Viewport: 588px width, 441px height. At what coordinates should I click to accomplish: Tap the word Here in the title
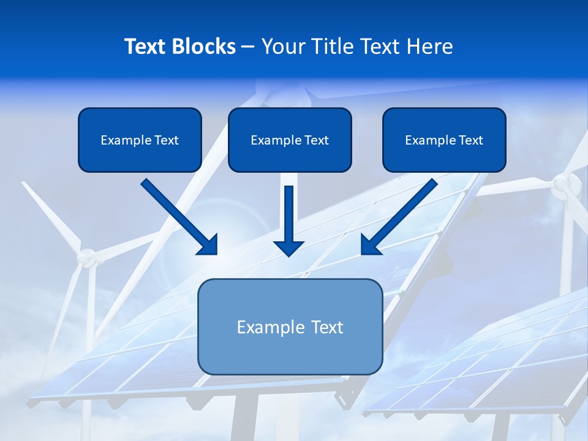click(x=428, y=47)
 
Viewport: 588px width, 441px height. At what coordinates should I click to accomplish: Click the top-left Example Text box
click(x=140, y=140)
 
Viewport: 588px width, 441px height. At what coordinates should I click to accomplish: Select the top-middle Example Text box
click(x=290, y=140)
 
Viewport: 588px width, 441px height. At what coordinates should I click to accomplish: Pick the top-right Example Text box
click(x=444, y=140)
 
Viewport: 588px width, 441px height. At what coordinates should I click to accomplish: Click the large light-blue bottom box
click(x=290, y=327)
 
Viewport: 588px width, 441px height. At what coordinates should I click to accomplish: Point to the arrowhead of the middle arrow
click(x=288, y=247)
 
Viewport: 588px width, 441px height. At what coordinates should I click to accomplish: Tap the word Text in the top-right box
click(x=471, y=140)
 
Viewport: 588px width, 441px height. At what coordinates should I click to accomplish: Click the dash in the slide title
click(x=248, y=47)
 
